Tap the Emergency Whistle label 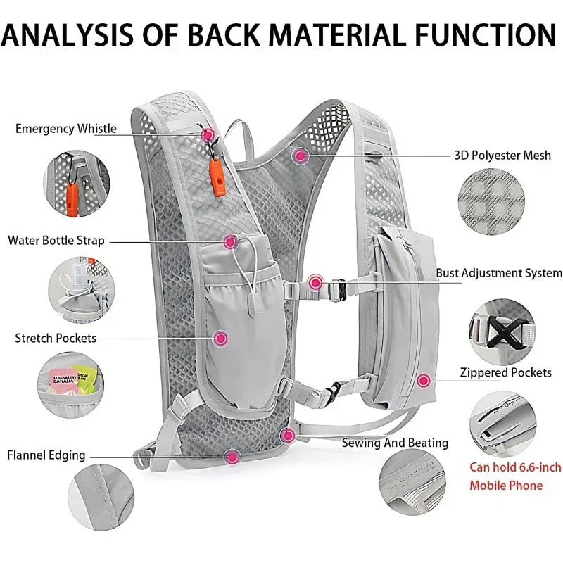66,129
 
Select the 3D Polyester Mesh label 502,156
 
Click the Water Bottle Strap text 56,241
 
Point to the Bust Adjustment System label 498,273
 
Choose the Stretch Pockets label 56,339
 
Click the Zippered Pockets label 505,372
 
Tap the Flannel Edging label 46,455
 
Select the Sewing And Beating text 395,443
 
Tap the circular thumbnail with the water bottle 77,288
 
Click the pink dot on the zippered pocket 423,381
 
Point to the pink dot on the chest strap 315,283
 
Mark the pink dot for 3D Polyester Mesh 301,155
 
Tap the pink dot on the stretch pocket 221,339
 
